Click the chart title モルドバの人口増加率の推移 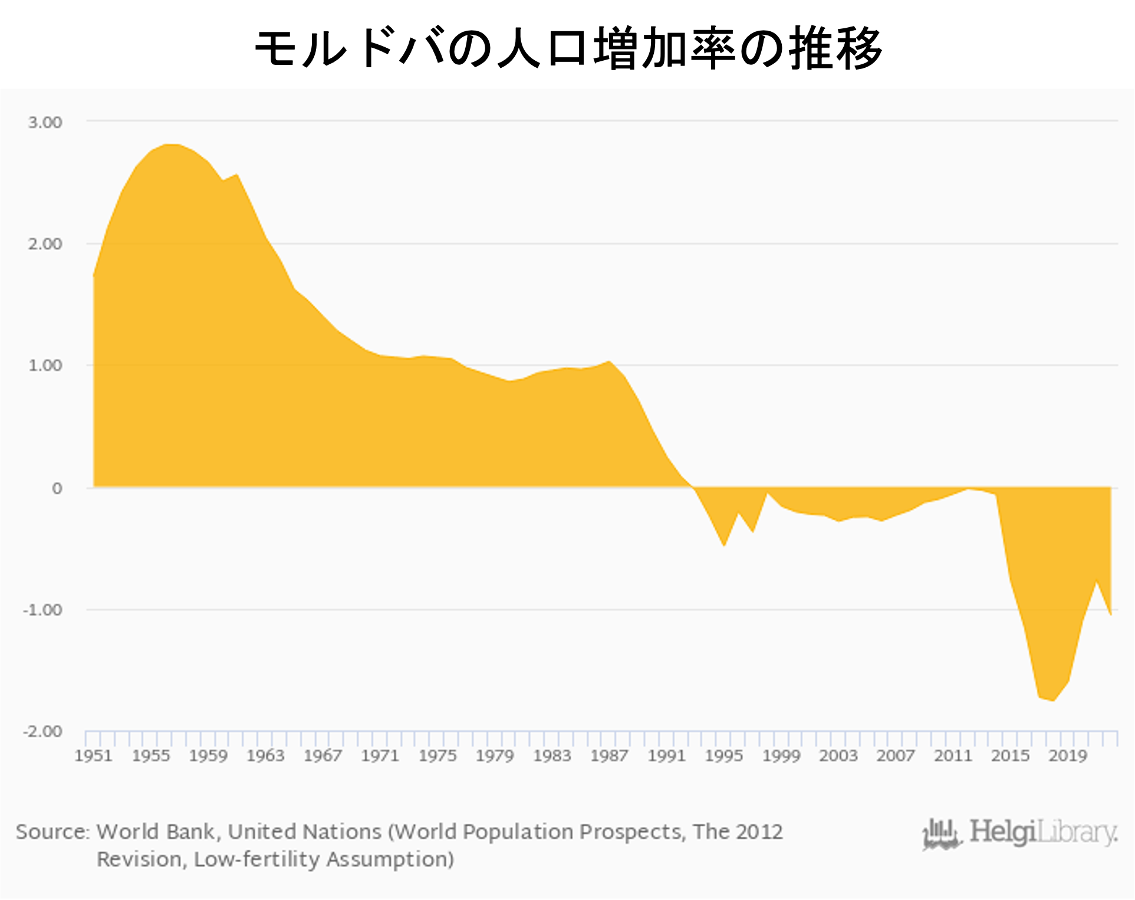(567, 47)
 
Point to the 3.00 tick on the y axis (45, 123)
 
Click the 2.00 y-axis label (45, 244)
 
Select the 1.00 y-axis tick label (45, 366)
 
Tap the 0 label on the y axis (57, 488)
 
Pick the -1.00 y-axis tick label (42, 610)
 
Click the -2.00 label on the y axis (42, 731)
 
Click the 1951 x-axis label (93, 756)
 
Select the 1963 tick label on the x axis (265, 756)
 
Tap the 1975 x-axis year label (437, 756)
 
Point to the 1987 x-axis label (609, 756)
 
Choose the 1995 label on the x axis (724, 756)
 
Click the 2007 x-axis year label (896, 756)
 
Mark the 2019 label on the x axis (1067, 756)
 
